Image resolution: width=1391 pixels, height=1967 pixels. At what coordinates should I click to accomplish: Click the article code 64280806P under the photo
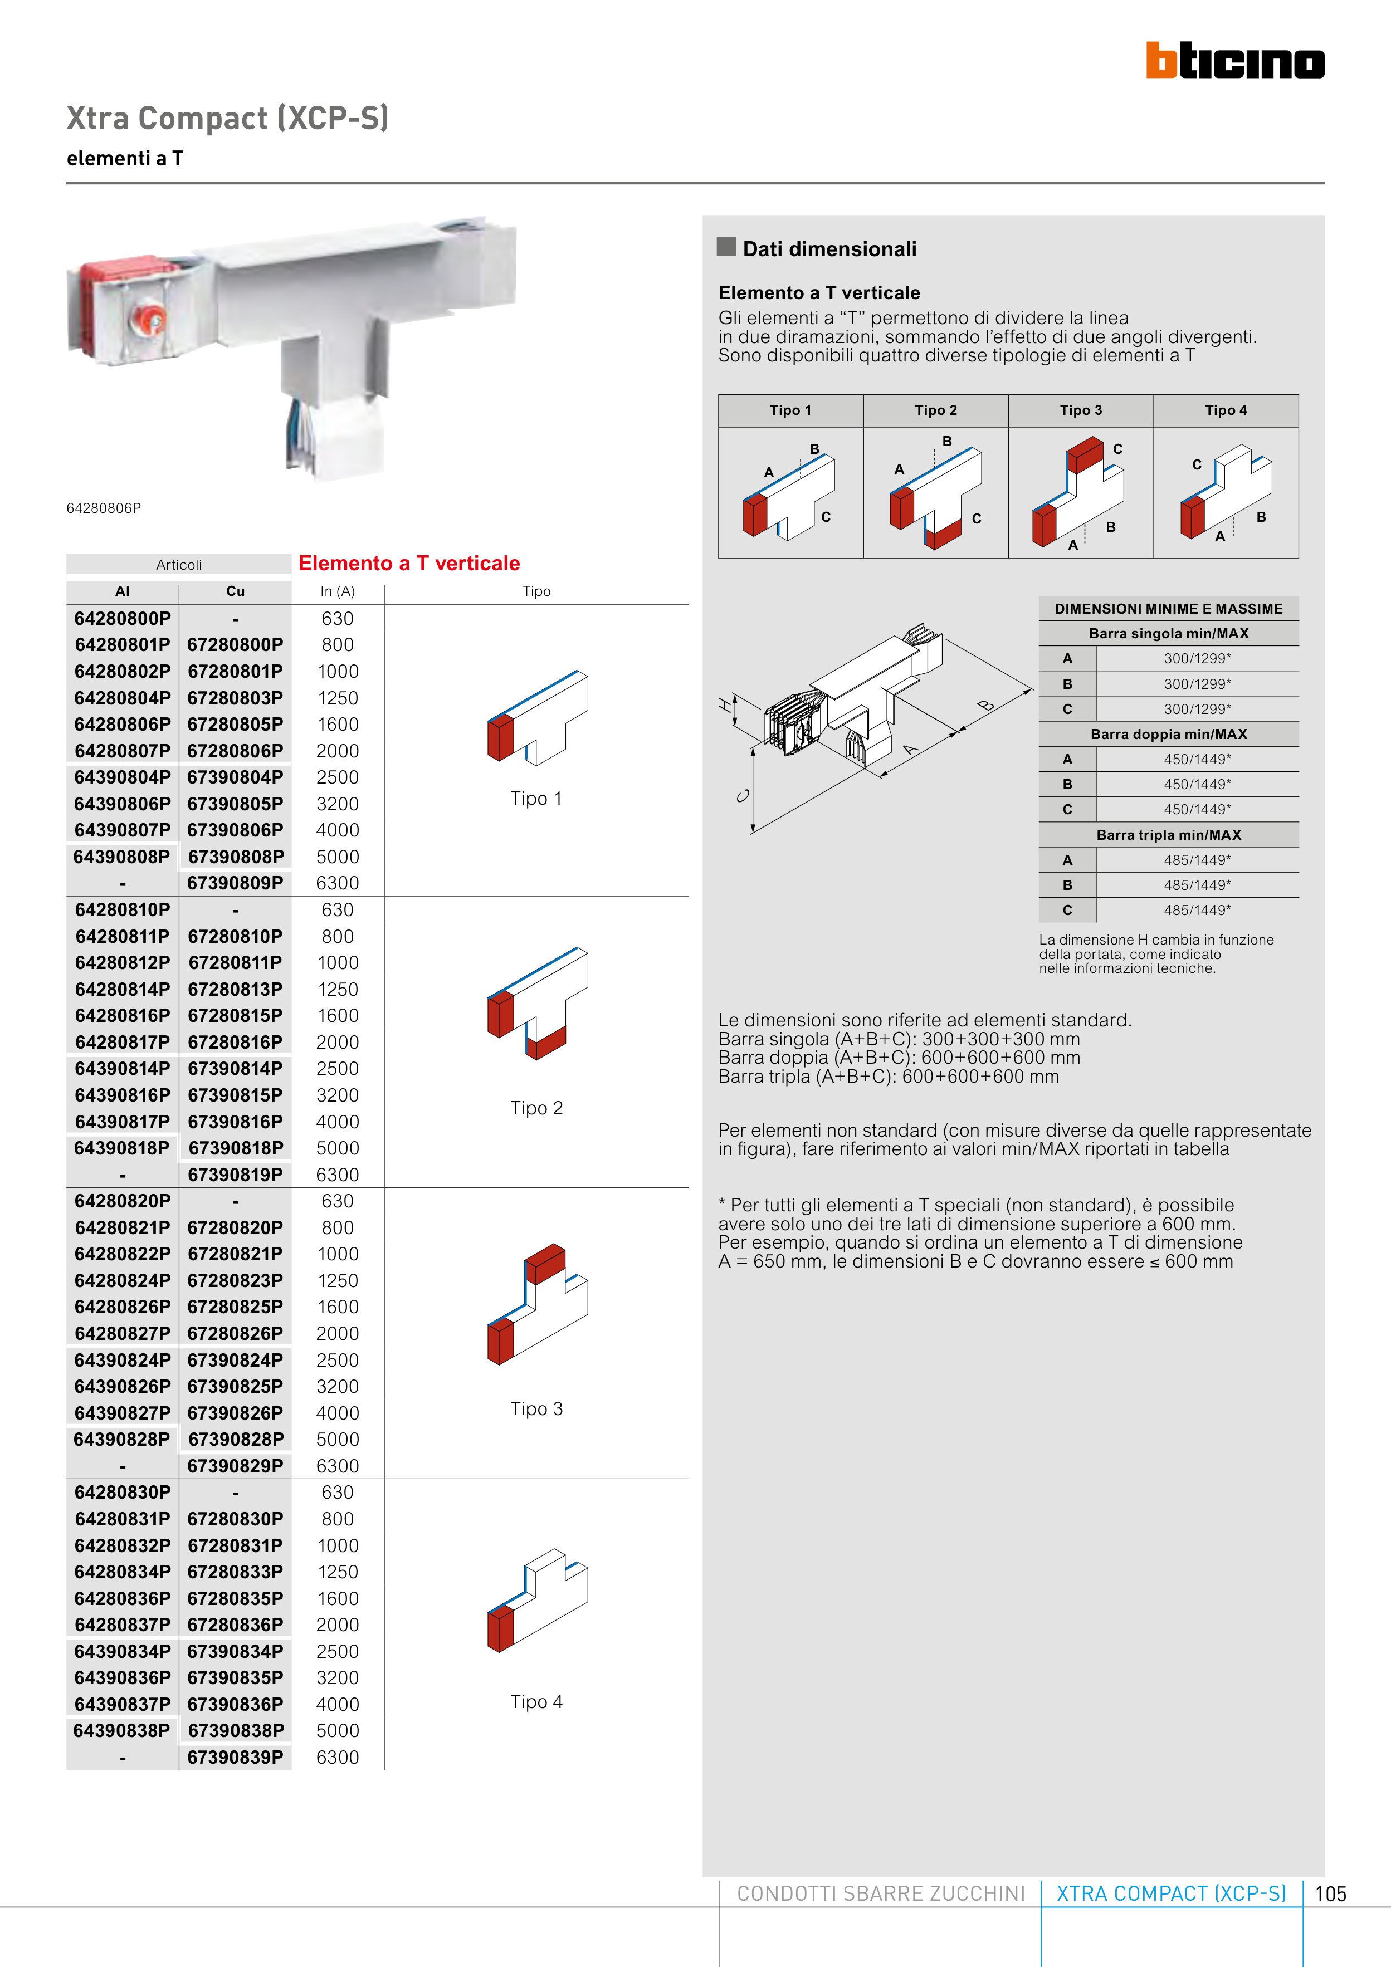[x=104, y=508]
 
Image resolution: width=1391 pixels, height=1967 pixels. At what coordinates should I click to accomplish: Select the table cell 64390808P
[x=123, y=857]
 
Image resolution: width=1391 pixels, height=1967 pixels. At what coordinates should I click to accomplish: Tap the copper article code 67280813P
[x=235, y=990]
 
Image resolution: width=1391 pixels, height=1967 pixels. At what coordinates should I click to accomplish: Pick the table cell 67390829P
[x=235, y=1466]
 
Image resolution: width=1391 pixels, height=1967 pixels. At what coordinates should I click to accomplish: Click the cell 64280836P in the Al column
[x=123, y=1599]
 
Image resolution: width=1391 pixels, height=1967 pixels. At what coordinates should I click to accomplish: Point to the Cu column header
[x=235, y=591]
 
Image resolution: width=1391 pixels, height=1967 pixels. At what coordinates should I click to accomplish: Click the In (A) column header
[x=338, y=591]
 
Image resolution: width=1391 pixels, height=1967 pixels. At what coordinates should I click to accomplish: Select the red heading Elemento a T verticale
[x=409, y=564]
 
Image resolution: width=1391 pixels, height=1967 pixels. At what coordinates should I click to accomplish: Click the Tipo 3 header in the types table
[x=1081, y=410]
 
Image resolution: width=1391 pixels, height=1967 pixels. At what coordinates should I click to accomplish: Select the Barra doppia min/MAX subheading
[x=1168, y=734]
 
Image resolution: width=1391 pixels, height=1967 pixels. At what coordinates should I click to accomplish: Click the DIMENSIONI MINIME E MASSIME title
[x=1168, y=609]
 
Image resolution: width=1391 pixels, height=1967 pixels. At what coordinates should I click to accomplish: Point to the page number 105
[x=1330, y=1894]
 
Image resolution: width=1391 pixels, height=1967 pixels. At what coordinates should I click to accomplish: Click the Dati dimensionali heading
[x=829, y=249]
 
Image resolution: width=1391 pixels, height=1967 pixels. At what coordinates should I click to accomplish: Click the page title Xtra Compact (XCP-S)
[x=228, y=118]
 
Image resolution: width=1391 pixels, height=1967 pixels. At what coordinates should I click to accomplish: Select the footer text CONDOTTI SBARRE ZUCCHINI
[x=880, y=1894]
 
